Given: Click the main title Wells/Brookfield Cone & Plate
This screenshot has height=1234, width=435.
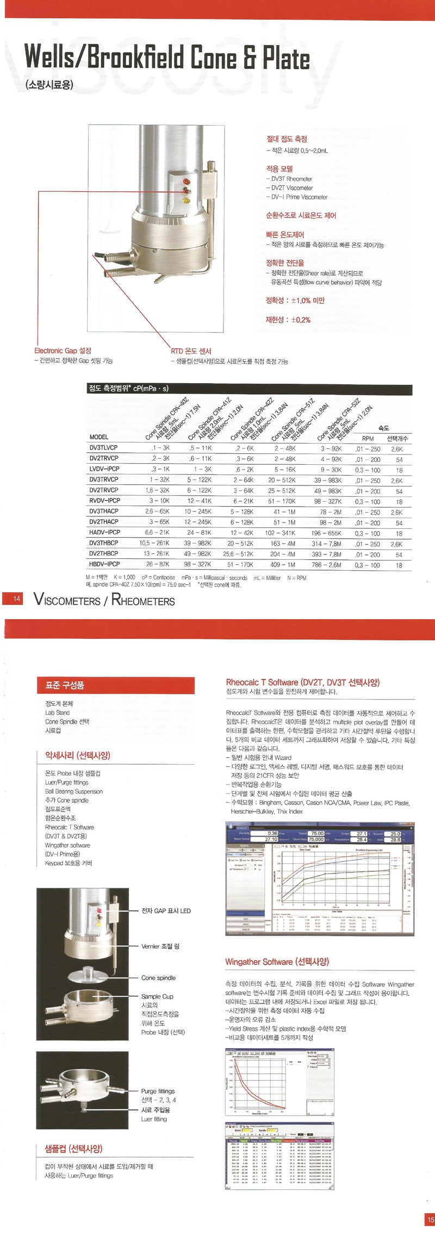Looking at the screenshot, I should tap(167, 58).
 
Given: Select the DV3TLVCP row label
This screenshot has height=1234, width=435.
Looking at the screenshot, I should tap(103, 448).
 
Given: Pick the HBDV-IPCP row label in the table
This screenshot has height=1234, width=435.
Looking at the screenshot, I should tap(104, 564).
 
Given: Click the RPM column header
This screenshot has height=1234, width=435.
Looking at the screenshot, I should tap(368, 438).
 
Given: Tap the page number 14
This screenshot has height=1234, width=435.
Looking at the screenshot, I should tap(17, 599).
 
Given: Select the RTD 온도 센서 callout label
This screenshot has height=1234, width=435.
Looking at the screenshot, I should tap(191, 351).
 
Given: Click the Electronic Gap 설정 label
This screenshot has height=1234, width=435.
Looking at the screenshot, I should tap(63, 351).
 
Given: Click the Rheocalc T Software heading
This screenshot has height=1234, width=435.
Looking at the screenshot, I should tap(302, 682).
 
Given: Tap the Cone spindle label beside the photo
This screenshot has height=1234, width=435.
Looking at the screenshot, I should tap(158, 977).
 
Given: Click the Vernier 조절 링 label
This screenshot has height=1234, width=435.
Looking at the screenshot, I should tap(160, 946).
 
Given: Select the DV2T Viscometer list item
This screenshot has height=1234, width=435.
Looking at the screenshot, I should tap(292, 188).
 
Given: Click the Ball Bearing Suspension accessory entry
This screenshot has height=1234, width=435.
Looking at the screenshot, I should tap(74, 791).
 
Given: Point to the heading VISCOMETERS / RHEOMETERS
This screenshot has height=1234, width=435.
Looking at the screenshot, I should tap(104, 600).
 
